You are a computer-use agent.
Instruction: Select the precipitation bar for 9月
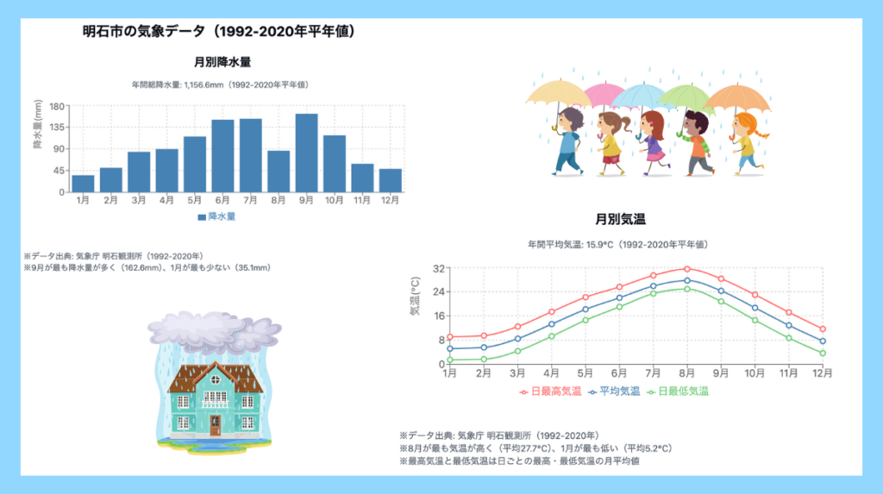tap(306, 153)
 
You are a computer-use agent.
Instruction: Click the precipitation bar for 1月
tap(84, 184)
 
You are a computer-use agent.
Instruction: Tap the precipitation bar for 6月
tap(222, 155)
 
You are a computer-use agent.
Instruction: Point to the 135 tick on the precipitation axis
tap(57, 128)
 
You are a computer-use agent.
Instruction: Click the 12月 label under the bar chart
tap(390, 200)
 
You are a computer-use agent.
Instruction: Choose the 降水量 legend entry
tap(216, 216)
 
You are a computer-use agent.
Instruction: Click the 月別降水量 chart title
tap(222, 62)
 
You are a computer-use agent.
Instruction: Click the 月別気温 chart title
tap(620, 219)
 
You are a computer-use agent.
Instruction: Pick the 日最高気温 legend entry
tap(550, 391)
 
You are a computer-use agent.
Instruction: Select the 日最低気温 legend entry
tap(678, 391)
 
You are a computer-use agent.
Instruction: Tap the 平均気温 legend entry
tap(614, 391)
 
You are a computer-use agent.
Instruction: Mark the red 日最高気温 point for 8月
tap(687, 269)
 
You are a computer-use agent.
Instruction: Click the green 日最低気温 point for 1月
tap(450, 360)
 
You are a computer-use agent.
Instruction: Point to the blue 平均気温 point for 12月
tap(823, 341)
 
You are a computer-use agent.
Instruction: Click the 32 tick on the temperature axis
tap(439, 269)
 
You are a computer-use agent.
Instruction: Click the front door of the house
tap(215, 425)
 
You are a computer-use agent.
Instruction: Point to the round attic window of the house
tap(215, 379)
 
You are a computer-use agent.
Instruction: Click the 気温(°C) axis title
tap(415, 297)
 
